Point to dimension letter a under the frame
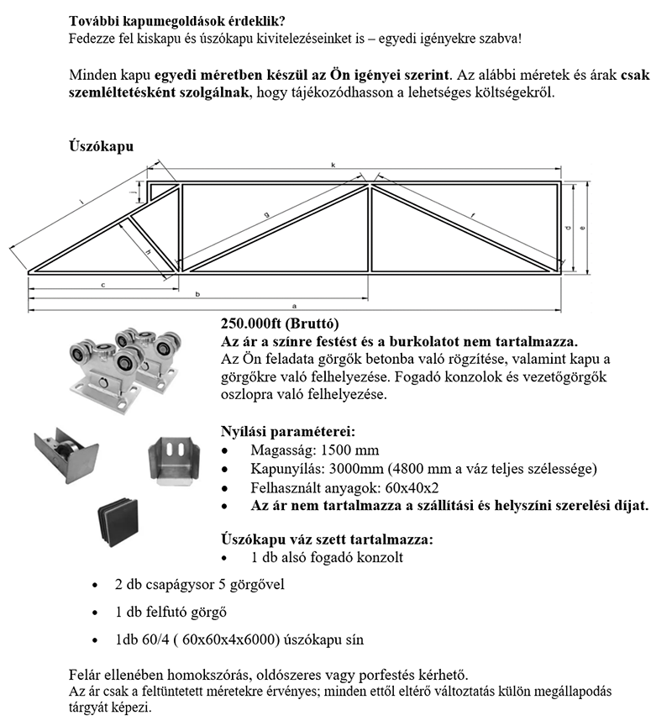(294, 306)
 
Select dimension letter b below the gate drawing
(197, 295)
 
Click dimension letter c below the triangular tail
(102, 286)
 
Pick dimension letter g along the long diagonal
(266, 216)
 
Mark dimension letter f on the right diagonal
(473, 217)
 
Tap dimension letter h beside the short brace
(148, 252)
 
